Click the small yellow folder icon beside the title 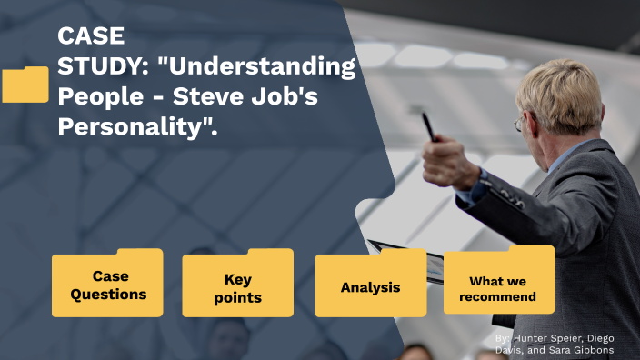25,85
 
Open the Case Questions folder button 107,285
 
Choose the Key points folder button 237,287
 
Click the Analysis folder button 370,287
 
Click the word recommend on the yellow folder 497,296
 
